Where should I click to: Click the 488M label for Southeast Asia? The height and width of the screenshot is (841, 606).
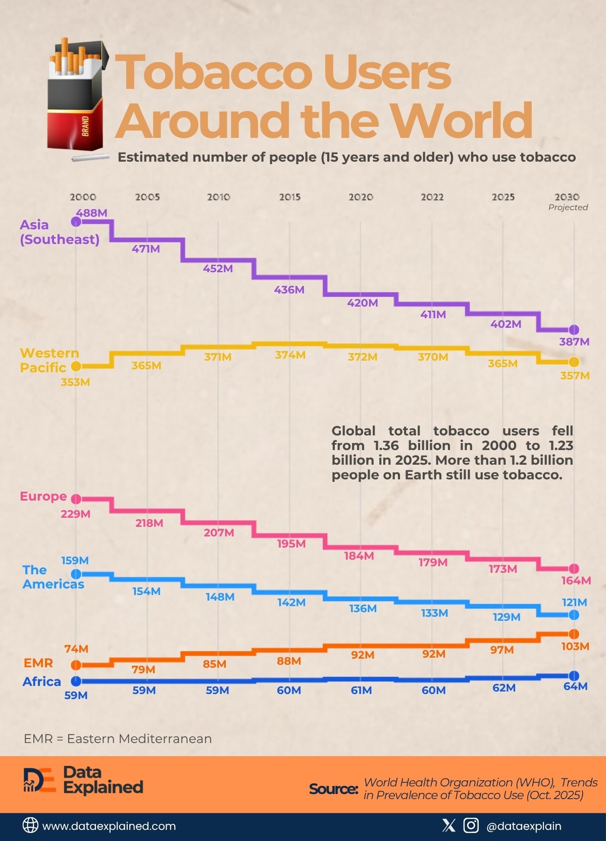(91, 213)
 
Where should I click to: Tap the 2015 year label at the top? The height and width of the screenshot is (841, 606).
(289, 197)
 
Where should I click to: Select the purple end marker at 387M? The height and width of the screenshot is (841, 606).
(573, 330)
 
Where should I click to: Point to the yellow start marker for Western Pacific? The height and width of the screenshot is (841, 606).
(76, 366)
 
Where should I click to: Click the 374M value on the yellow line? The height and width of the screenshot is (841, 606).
(290, 355)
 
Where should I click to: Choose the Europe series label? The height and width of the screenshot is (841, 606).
(43, 496)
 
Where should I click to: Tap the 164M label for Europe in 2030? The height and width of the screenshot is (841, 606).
(576, 580)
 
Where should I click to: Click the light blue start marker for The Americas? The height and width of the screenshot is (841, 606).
(76, 574)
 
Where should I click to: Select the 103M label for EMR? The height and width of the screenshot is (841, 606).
(575, 646)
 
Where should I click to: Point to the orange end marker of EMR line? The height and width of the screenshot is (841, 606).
(573, 634)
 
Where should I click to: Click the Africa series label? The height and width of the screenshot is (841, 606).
(41, 681)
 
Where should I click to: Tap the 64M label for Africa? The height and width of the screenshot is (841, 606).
(575, 686)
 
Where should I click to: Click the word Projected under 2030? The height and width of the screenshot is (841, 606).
(568, 207)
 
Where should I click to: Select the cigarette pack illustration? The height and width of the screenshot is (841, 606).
(77, 96)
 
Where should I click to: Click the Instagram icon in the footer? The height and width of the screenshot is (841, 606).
(471, 825)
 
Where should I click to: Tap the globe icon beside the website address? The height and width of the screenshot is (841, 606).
(30, 825)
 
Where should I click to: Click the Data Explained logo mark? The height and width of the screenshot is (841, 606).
(39, 780)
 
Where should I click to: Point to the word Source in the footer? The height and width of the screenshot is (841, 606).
(333, 788)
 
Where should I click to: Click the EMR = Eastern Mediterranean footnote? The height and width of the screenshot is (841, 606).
(118, 738)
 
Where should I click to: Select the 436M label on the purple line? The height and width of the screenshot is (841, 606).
(289, 290)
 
